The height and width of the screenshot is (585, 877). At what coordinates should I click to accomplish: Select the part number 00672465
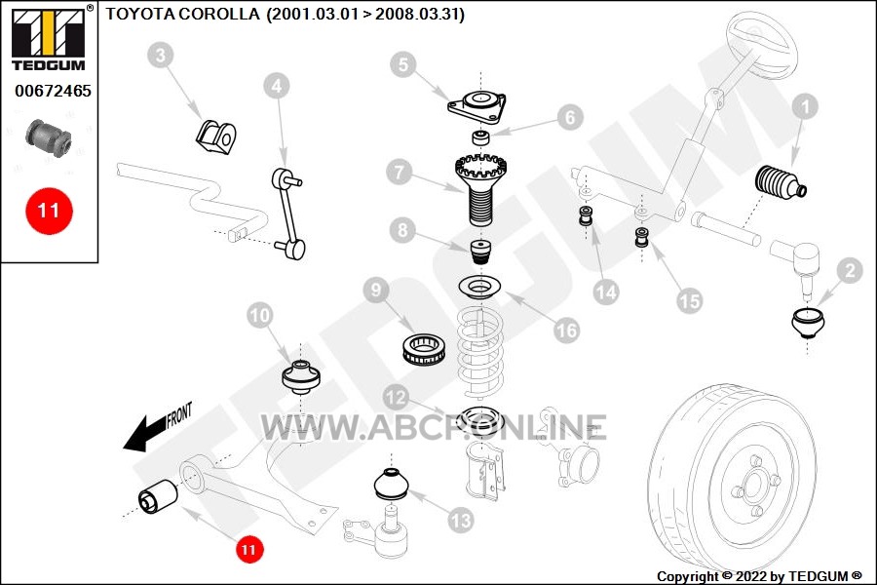tap(54, 91)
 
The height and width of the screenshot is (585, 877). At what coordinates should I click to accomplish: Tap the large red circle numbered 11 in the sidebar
tap(50, 211)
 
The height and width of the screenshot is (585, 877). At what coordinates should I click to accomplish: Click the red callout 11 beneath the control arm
tap(248, 549)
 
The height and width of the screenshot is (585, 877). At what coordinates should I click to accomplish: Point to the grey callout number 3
tap(161, 56)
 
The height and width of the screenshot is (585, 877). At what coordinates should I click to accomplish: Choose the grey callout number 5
tap(403, 65)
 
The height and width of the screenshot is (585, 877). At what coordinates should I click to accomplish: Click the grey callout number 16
tap(566, 331)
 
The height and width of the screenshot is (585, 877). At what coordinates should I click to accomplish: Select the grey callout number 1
tap(806, 106)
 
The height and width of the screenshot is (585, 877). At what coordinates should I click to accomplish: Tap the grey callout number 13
tap(461, 521)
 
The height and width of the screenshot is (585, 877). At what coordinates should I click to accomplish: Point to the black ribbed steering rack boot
tap(781, 182)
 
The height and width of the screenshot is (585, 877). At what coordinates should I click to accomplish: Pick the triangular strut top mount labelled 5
tap(477, 107)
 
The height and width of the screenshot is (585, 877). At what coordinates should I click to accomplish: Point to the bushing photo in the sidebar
tap(49, 137)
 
